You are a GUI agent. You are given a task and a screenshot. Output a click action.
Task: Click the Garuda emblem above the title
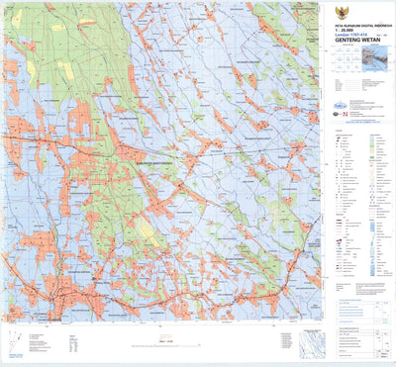357,6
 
